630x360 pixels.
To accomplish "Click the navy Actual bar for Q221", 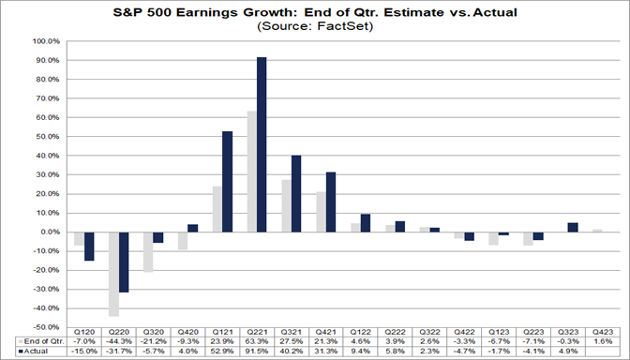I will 262,144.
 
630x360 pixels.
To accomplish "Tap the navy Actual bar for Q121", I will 228,181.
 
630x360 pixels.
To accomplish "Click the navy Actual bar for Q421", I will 330,202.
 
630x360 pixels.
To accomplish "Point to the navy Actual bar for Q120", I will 90,246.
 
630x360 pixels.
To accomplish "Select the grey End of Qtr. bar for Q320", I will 147,251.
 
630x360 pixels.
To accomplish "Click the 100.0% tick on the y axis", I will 45,41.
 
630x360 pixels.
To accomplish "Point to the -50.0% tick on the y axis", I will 45,327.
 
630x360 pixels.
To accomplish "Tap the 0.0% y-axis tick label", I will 49,232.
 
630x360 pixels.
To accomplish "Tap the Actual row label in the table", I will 35,352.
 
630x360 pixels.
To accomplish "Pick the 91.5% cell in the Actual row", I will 256,352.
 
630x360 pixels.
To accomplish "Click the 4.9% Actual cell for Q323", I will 562,352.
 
